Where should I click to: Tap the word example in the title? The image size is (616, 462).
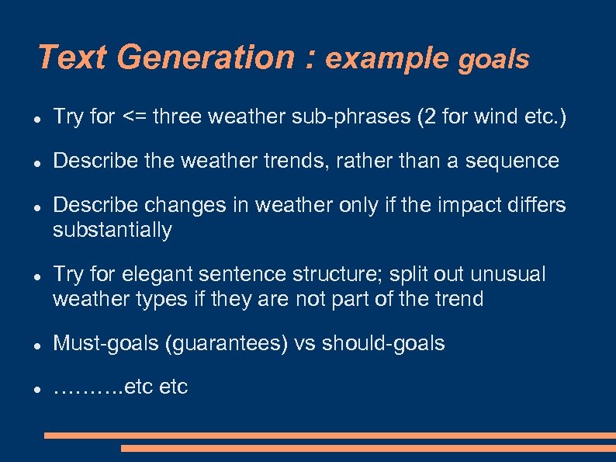pyautogui.click(x=387, y=58)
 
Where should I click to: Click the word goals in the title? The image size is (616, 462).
pyautogui.click(x=494, y=60)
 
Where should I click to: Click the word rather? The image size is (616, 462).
pyautogui.click(x=366, y=162)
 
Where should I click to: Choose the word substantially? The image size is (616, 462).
pyautogui.click(x=112, y=231)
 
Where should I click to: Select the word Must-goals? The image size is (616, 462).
pyautogui.click(x=106, y=344)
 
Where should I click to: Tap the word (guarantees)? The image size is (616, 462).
pyautogui.click(x=227, y=344)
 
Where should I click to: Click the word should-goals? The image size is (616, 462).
pyautogui.click(x=383, y=344)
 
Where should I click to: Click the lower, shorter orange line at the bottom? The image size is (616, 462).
pyautogui.click(x=368, y=449)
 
